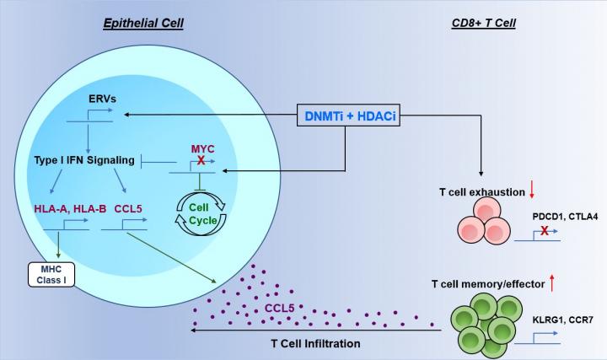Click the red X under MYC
click(201, 159)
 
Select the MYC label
click(201, 146)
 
